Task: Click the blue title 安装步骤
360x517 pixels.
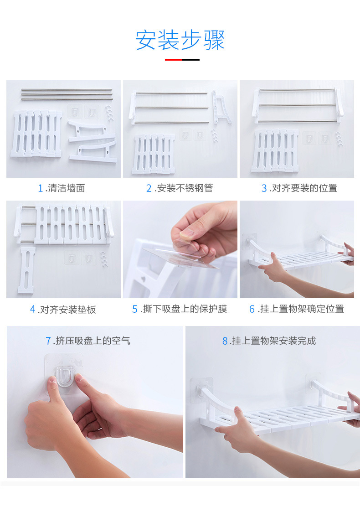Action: pos(180,40)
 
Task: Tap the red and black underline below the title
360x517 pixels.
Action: pos(182,60)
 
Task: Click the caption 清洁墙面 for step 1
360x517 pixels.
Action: pos(66,188)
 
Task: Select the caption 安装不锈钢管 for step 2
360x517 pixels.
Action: pos(185,188)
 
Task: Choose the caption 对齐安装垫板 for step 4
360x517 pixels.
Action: pos(68,309)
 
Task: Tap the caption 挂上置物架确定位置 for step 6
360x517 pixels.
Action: pos(302,309)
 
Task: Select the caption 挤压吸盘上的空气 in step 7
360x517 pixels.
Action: pos(93,340)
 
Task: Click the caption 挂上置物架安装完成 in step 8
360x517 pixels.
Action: pos(274,340)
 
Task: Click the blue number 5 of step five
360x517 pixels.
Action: pos(134,309)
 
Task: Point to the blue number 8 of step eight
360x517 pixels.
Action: pos(225,341)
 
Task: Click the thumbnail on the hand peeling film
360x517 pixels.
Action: pos(186,234)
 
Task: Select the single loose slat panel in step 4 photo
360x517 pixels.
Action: pos(27,270)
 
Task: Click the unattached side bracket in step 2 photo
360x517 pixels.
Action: pos(221,107)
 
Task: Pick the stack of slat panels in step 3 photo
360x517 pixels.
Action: pos(275,150)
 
